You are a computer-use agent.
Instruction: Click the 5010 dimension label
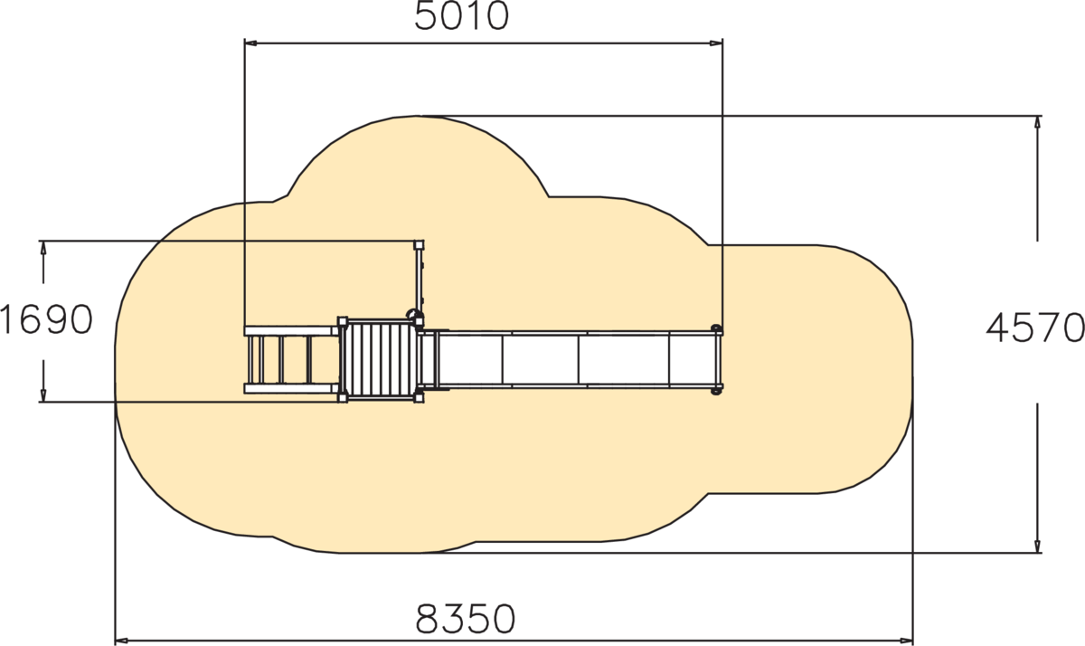click(462, 16)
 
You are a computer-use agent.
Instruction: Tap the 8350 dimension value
click(466, 619)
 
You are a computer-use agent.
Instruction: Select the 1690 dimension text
click(46, 320)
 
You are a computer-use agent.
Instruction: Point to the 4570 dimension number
click(1035, 328)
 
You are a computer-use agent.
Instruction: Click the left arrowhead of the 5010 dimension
click(251, 43)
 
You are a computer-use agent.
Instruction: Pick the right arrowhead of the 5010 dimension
click(716, 43)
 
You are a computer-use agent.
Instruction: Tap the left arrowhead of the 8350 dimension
click(121, 641)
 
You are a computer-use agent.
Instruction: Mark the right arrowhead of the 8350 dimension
click(906, 641)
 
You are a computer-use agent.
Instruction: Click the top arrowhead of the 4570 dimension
click(1037, 123)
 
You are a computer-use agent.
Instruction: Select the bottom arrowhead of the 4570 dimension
click(1037, 546)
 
